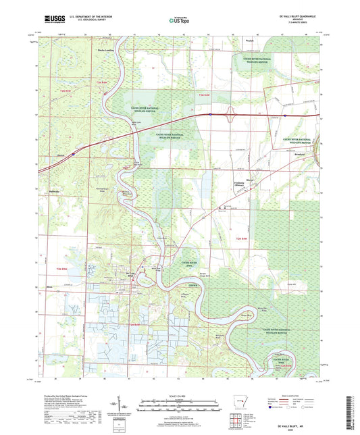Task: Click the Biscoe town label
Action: pyautogui.click(x=249, y=180)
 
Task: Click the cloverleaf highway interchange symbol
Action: pyautogui.click(x=232, y=116)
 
